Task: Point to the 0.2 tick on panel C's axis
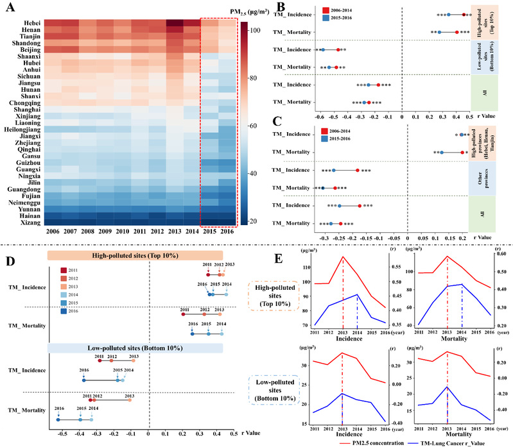[x=462, y=238]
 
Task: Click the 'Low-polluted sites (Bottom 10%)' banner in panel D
[x=135, y=347]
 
